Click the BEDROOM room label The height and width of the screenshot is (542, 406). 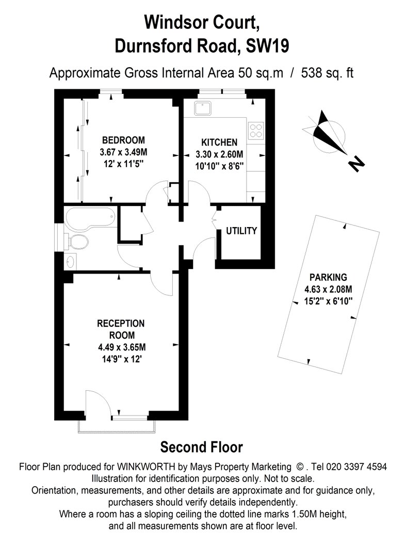tap(123, 140)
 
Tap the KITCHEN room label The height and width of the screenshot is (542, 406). tap(219, 142)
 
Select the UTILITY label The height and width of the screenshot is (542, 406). tap(241, 231)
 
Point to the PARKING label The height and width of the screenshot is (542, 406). tap(328, 277)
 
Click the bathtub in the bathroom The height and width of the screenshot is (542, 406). tap(90, 218)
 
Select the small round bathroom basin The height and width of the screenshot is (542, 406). tap(71, 261)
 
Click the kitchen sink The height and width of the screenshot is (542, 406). tap(202, 108)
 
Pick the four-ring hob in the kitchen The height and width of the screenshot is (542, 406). tap(256, 131)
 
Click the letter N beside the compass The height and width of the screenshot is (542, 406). tap(355, 164)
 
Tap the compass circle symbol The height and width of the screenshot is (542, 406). tap(329, 136)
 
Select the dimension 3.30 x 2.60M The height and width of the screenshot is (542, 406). tap(219, 154)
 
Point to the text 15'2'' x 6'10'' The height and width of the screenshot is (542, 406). tap(328, 301)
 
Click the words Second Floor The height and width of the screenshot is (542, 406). tap(201, 448)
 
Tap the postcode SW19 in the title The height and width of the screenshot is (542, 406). tap(267, 46)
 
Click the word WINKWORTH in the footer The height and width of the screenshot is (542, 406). tap(146, 467)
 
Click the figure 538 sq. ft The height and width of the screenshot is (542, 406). tap(327, 73)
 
